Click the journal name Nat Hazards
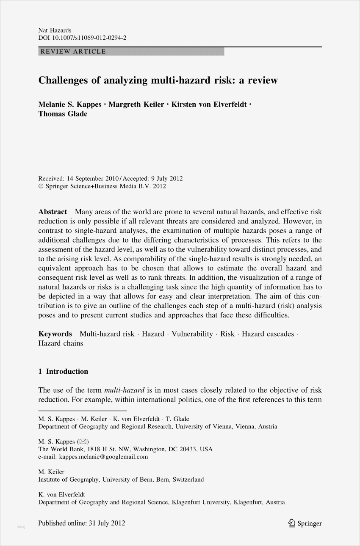pos(55,30)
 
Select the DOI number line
pos(82,38)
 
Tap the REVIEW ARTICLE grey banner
pos(131,52)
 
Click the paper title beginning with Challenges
pos(158,80)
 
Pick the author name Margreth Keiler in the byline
pos(136,105)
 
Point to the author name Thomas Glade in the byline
pos(63,114)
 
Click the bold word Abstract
pos(53,212)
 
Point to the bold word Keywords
pos(55,334)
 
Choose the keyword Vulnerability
pos(192,334)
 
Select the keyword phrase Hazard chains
pos(61,343)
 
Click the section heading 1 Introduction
pos(63,372)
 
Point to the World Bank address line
pos(125,449)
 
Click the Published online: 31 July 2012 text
pos(82,523)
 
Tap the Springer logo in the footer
pos(305,524)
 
